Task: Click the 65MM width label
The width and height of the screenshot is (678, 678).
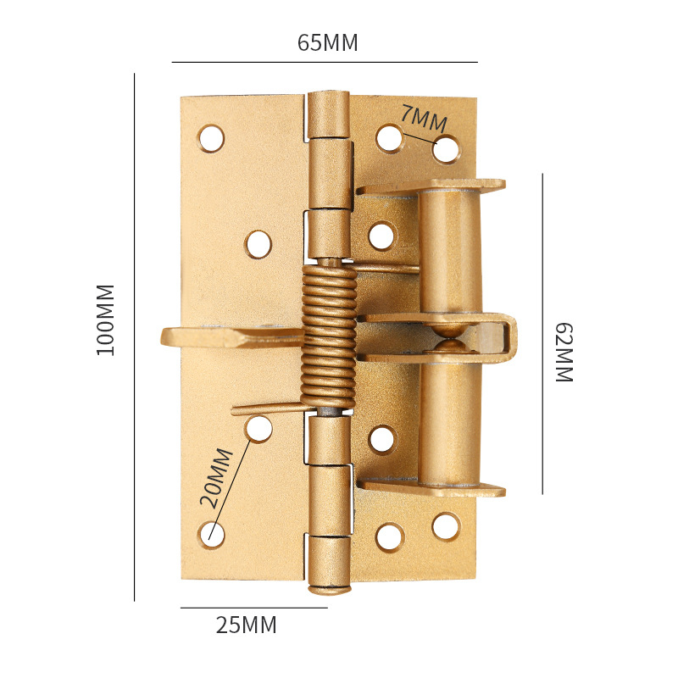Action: point(328,42)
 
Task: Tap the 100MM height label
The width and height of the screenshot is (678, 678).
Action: point(105,320)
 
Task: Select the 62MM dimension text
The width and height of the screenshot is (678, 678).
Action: point(564,353)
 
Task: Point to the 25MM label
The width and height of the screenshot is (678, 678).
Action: point(246,625)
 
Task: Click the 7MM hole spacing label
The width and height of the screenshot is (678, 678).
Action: point(424,118)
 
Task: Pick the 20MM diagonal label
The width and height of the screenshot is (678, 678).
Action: point(216,477)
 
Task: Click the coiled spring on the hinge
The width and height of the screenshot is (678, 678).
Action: point(330,336)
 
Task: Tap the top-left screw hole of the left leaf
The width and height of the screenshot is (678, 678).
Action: point(211,138)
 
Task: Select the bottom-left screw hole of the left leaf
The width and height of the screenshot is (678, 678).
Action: point(211,535)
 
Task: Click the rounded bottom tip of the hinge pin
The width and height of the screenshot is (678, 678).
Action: point(330,589)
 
